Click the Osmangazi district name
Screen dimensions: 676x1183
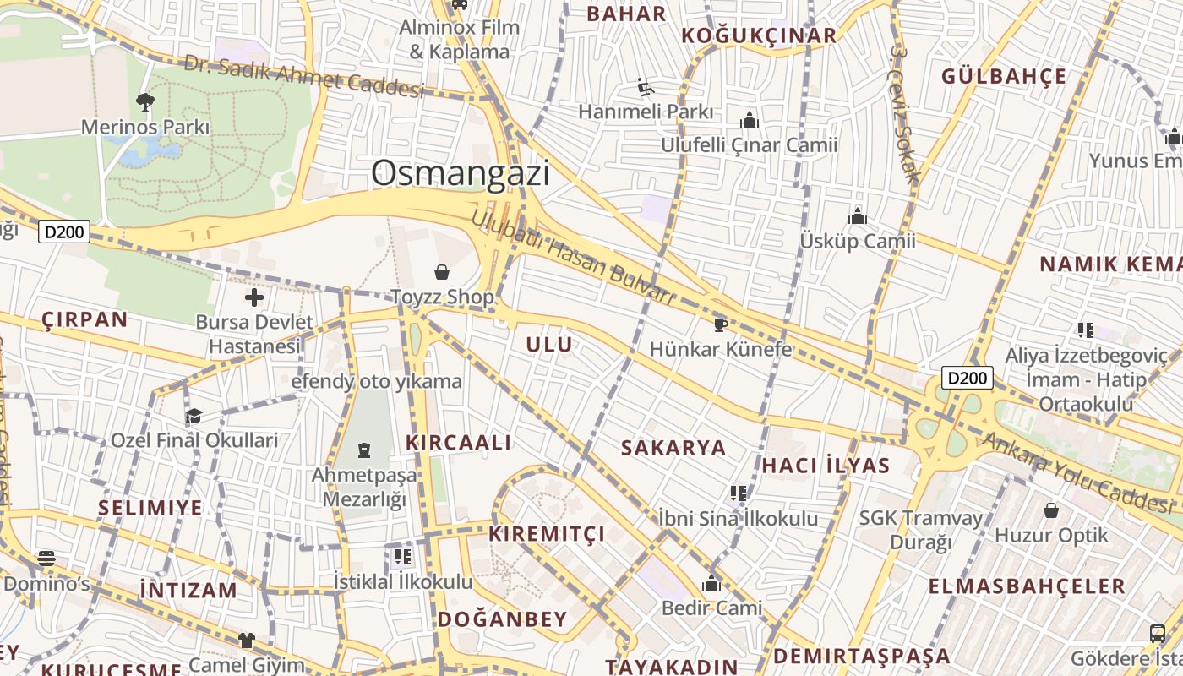tap(460, 173)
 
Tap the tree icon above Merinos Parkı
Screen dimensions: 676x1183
tap(145, 102)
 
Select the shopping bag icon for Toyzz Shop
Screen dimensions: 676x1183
tap(441, 271)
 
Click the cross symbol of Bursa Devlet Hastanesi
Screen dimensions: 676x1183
tap(253, 297)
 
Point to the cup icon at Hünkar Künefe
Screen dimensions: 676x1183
tap(720, 324)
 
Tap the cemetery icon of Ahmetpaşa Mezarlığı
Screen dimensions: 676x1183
tap(364, 450)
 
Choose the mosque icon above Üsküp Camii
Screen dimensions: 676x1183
tap(858, 216)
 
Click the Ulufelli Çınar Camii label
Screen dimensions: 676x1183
tap(749, 145)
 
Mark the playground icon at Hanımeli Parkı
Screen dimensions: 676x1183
tap(646, 87)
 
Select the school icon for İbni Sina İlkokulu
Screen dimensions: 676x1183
tap(739, 493)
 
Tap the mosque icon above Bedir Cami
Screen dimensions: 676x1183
tap(711, 583)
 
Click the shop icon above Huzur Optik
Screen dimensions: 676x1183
tap(1051, 510)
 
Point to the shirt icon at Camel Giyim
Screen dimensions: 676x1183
tap(246, 641)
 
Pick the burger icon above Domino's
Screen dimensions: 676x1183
tap(46, 559)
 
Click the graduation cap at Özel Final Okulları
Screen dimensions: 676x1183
tap(194, 416)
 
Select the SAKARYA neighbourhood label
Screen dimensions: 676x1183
tap(673, 448)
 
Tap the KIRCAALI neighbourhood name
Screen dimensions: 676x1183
tap(458, 443)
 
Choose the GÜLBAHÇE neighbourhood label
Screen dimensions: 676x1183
tap(1004, 76)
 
